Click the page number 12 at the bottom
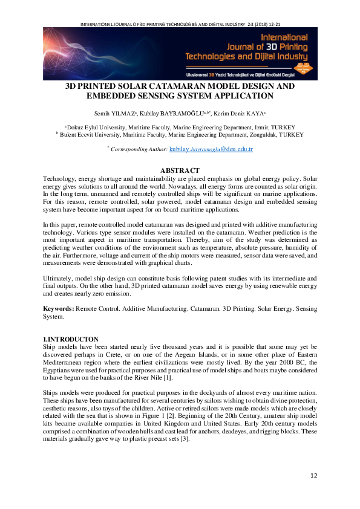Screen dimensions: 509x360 tap(313, 476)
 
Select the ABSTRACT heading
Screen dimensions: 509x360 tap(180, 171)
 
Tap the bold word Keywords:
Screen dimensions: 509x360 tap(58, 309)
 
